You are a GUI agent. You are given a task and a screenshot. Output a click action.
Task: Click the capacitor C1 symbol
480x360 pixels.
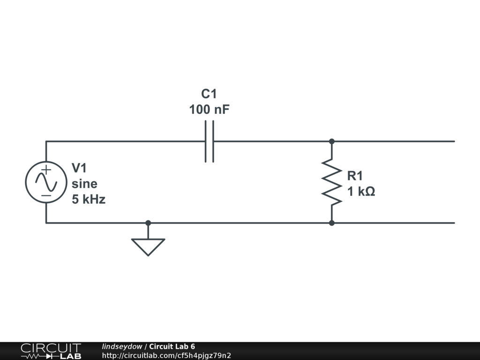click(x=210, y=141)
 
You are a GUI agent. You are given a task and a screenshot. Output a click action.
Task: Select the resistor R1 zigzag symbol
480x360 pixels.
click(x=332, y=182)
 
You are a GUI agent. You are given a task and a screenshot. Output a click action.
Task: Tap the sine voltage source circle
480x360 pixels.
click(x=46, y=182)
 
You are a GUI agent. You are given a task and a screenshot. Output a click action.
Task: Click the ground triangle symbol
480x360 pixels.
click(x=148, y=246)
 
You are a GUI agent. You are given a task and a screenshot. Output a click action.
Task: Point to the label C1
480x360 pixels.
click(x=209, y=94)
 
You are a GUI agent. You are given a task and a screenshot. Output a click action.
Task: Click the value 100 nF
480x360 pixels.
click(x=210, y=110)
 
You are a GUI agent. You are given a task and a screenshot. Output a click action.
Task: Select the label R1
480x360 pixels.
click(x=355, y=176)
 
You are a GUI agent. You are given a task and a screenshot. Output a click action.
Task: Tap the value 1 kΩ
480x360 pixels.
click(x=361, y=192)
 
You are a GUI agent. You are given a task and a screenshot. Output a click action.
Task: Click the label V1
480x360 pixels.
click(x=79, y=168)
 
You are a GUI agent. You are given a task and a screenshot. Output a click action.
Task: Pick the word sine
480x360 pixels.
click(x=84, y=184)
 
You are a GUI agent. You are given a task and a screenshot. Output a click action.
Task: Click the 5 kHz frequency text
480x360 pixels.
click(x=89, y=199)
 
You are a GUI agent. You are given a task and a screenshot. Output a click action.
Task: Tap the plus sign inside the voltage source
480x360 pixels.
click(x=46, y=170)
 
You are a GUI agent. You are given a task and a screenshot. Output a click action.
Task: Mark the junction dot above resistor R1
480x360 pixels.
click(x=332, y=141)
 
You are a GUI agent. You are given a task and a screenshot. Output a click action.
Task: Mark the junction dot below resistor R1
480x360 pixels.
click(x=332, y=223)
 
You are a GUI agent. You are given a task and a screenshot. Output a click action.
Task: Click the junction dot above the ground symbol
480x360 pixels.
click(x=148, y=223)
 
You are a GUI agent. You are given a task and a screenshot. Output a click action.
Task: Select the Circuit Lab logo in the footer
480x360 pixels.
click(x=51, y=351)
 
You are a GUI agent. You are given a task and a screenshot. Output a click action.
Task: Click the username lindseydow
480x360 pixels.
click(x=122, y=347)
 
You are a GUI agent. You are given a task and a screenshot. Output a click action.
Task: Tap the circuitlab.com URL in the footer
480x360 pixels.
click(x=166, y=355)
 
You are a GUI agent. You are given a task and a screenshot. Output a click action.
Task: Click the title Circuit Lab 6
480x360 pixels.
click(x=172, y=347)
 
